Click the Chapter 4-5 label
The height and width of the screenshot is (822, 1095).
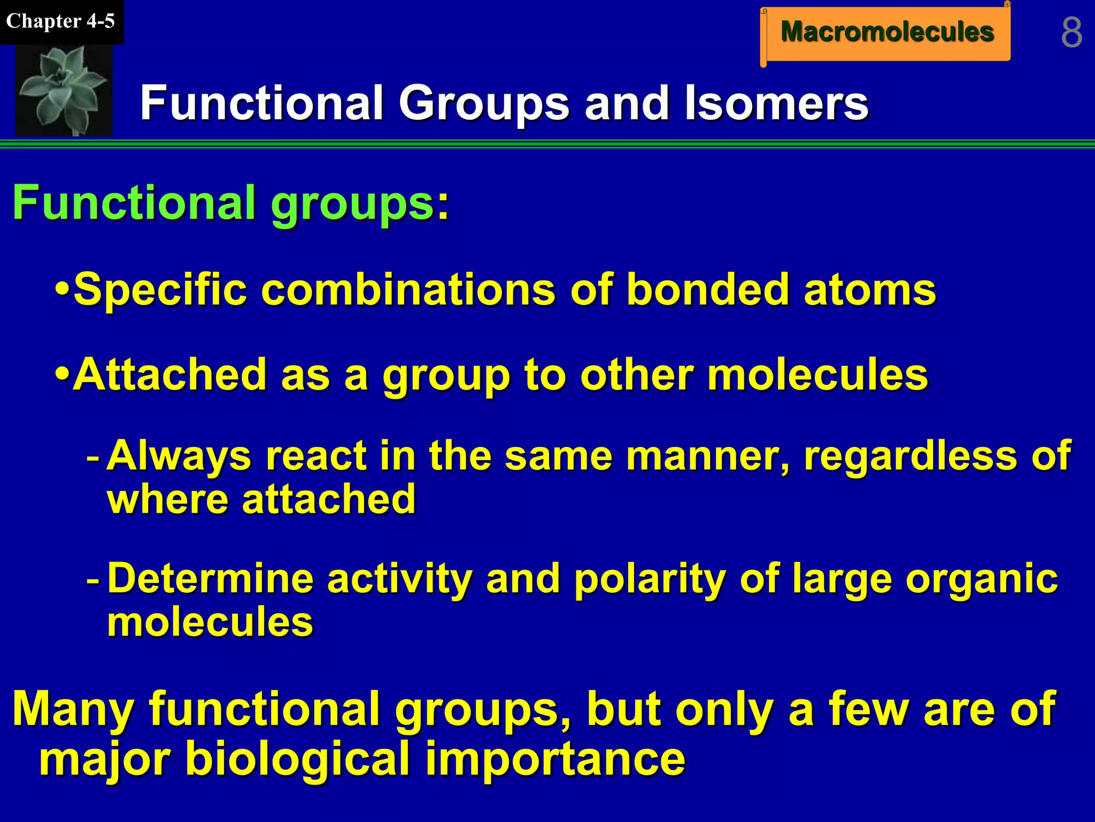[60, 21]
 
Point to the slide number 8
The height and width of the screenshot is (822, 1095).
[1071, 33]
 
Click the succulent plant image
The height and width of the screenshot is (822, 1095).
[64, 89]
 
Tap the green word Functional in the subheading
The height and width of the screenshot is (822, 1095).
[134, 203]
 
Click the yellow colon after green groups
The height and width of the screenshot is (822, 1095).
[443, 206]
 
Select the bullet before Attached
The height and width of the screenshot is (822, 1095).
[63, 374]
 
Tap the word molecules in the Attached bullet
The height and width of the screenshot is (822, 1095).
[818, 374]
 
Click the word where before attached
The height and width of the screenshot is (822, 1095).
[168, 499]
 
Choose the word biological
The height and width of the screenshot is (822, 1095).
[297, 759]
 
